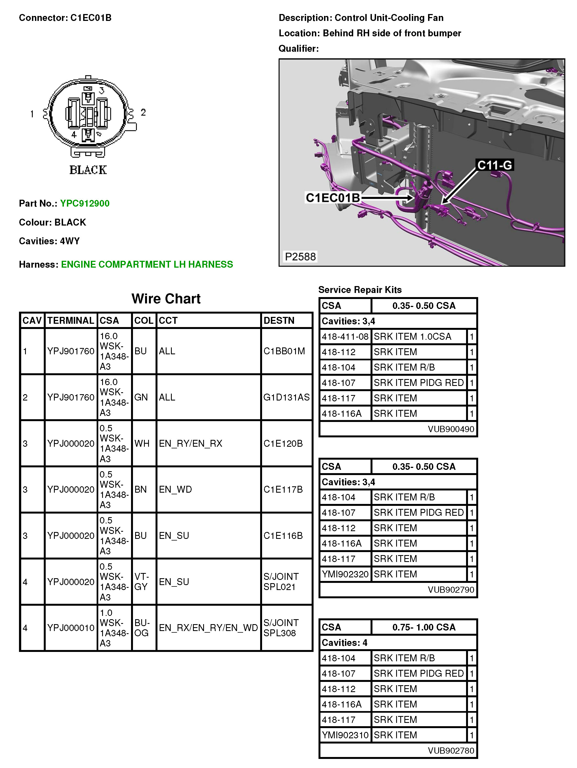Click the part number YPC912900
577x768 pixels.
[x=85, y=204]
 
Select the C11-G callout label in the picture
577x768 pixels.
[x=494, y=165]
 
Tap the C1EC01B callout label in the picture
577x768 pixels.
[x=333, y=198]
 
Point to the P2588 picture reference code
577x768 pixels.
[x=300, y=257]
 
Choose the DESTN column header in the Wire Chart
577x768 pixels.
[x=279, y=320]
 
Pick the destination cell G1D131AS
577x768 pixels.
[x=286, y=397]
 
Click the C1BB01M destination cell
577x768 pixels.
[x=284, y=351]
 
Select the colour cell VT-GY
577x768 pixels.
[x=142, y=582]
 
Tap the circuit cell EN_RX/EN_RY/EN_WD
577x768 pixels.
[x=208, y=628]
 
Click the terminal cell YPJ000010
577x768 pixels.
[x=71, y=628]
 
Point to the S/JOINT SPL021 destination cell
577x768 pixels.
[x=281, y=582]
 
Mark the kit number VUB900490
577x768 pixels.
[x=451, y=429]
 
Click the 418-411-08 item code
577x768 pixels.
[x=345, y=336]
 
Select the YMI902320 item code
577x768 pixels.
[x=345, y=574]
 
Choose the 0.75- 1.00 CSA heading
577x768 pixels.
[x=424, y=627]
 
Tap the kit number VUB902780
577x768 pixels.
[x=451, y=751]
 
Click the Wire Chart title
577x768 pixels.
[x=166, y=298]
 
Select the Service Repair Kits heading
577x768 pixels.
[x=360, y=290]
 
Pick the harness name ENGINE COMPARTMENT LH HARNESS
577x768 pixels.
[x=147, y=265]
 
